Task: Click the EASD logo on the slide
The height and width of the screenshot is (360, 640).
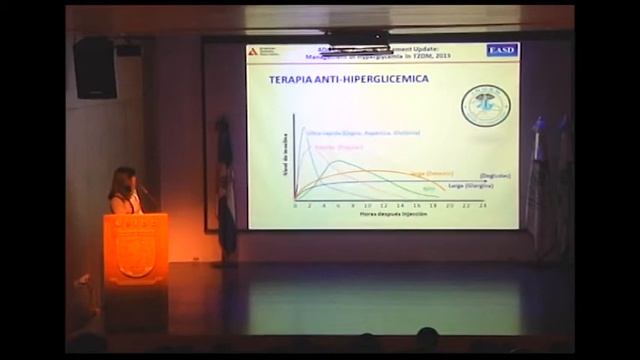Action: (x=502, y=50)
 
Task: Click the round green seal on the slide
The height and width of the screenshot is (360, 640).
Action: (x=485, y=105)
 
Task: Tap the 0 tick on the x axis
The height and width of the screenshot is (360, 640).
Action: (x=295, y=204)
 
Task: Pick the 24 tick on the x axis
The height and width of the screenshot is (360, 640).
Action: (x=483, y=204)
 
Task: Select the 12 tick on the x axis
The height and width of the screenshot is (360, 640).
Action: (x=385, y=204)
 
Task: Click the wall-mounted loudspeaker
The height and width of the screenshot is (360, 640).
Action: (x=95, y=67)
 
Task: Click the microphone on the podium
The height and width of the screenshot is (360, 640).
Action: (x=144, y=189)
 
